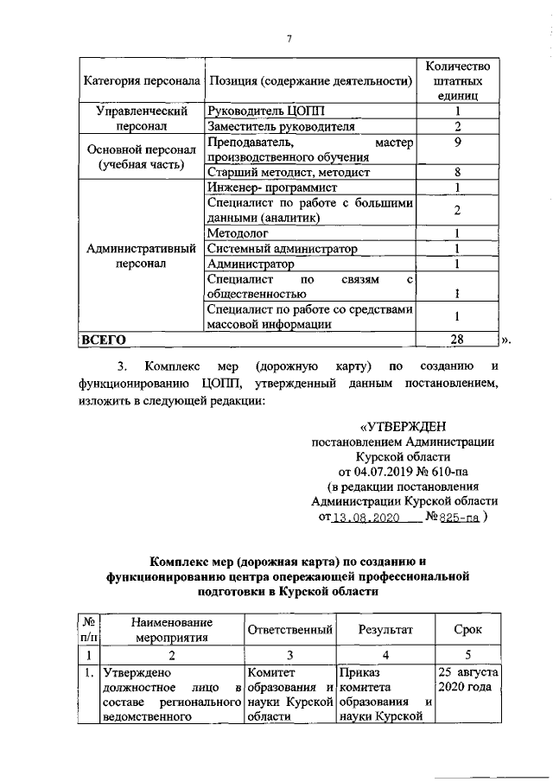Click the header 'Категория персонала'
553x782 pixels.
coord(141,81)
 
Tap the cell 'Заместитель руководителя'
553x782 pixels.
coord(282,127)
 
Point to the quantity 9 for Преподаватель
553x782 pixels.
coord(458,142)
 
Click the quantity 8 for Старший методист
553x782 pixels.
coord(458,172)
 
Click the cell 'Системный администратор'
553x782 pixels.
coord(283,249)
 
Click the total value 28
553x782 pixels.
coord(458,340)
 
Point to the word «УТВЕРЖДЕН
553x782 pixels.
coord(400,426)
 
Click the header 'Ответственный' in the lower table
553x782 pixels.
coord(290,630)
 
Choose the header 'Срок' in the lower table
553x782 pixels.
coord(467,630)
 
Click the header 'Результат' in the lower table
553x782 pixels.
coord(386,630)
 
